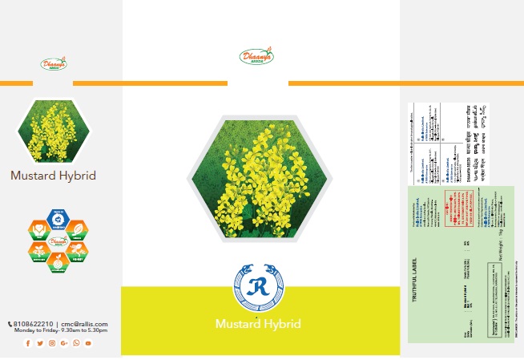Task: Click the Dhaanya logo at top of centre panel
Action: (x=256, y=57)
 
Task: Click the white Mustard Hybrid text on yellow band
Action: (x=258, y=325)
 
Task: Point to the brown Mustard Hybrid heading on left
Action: (x=54, y=176)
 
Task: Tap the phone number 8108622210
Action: (x=32, y=324)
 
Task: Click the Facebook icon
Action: (x=28, y=343)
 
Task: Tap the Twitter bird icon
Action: (x=40, y=343)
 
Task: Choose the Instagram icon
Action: (x=52, y=343)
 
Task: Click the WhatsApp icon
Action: (x=76, y=343)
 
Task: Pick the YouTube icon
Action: (x=88, y=343)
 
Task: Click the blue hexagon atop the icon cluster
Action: (x=56, y=219)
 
